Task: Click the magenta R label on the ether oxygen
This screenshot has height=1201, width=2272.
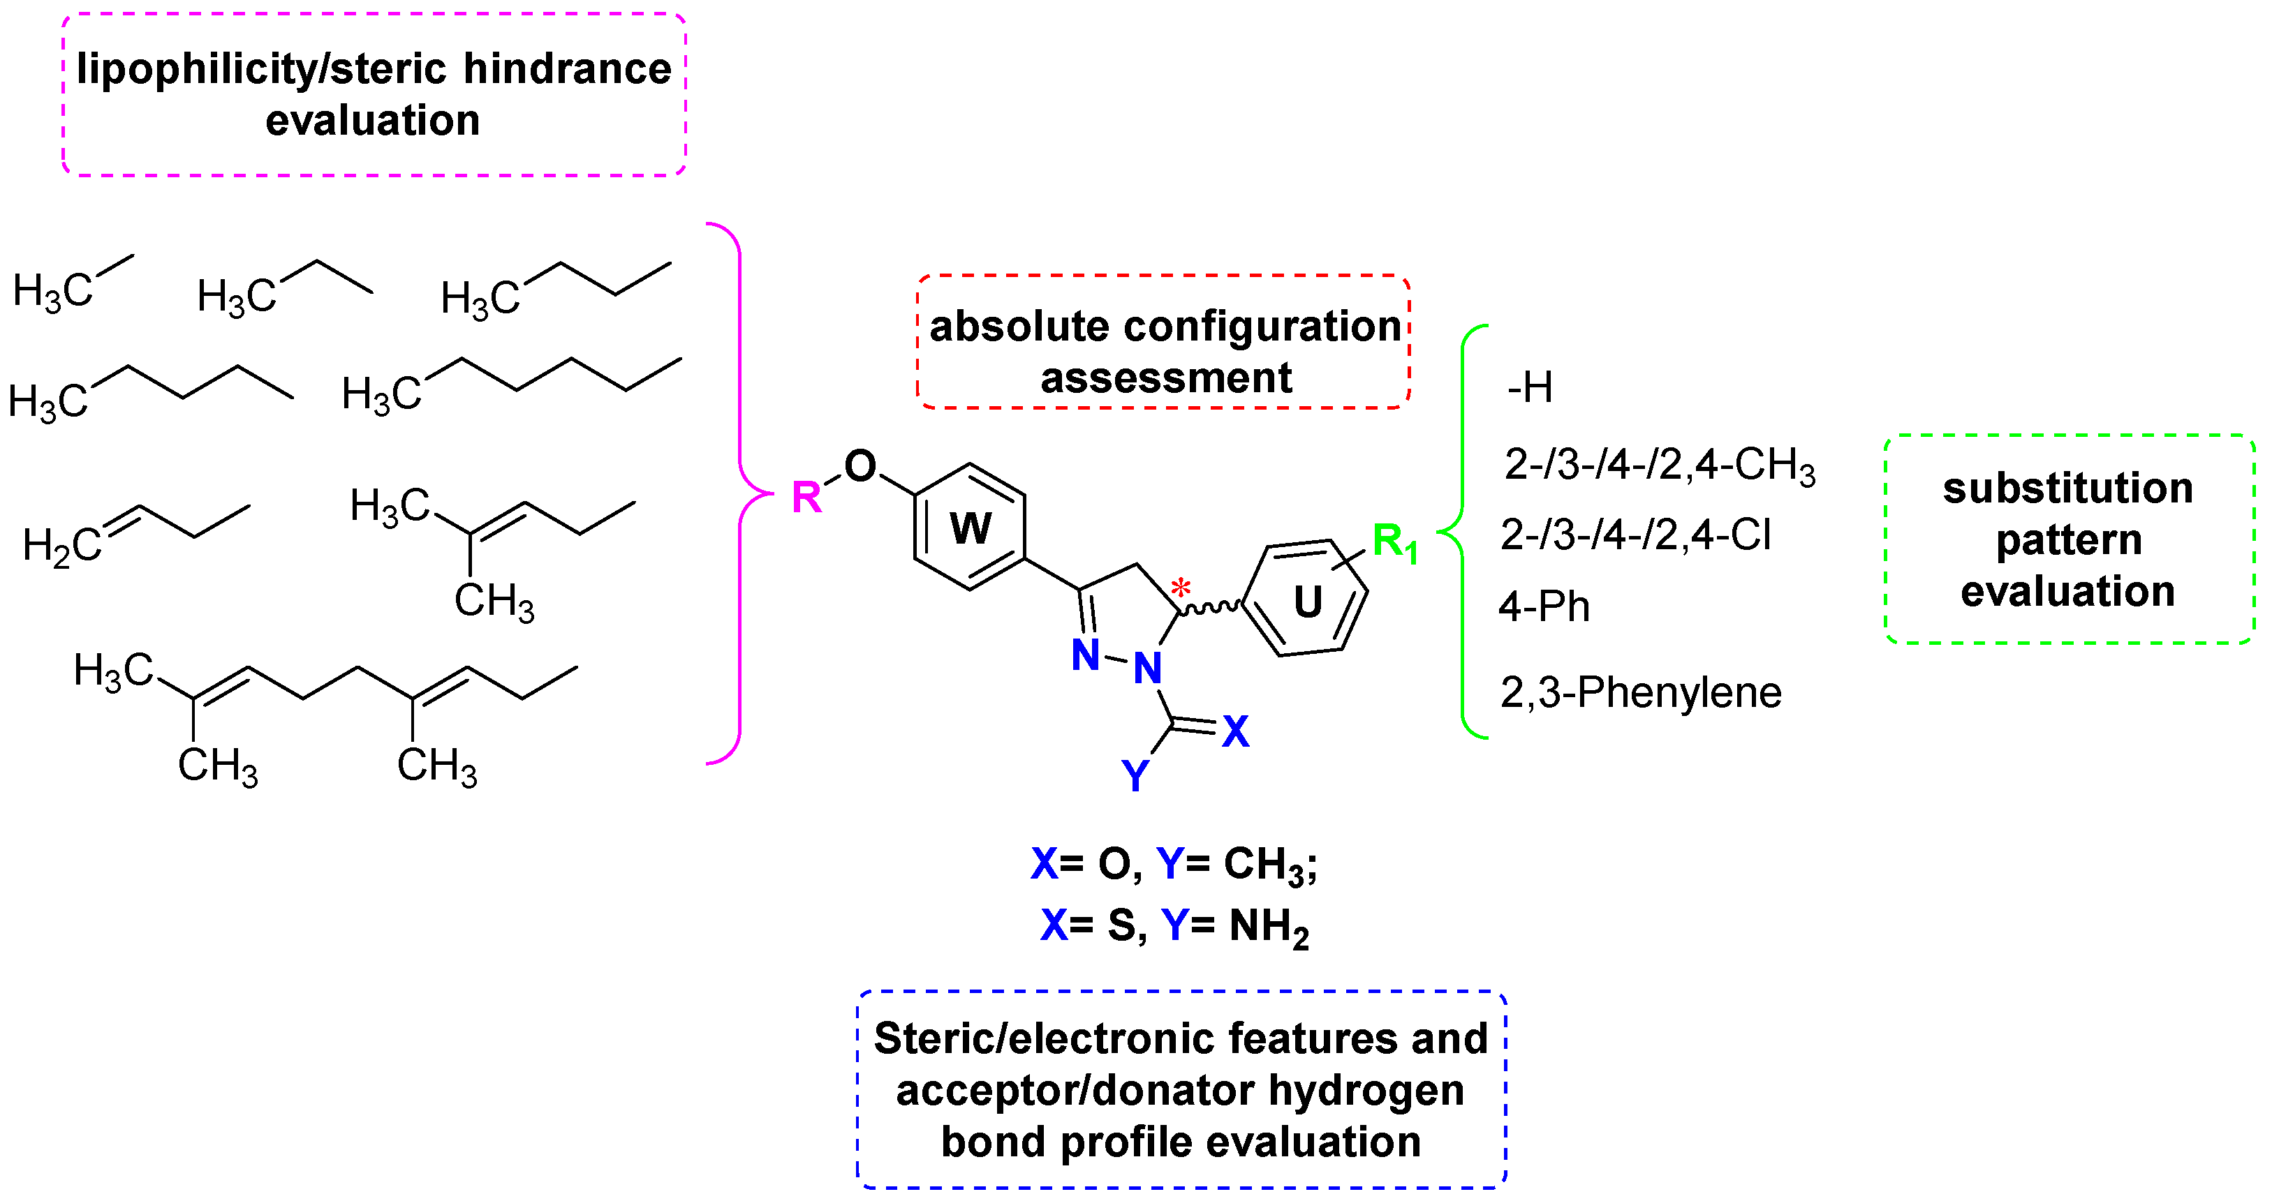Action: click(x=806, y=498)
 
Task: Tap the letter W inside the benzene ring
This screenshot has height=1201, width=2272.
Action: click(x=971, y=529)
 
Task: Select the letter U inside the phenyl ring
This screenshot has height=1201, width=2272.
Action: click(x=1307, y=602)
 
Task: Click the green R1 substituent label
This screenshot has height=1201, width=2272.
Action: click(x=1394, y=542)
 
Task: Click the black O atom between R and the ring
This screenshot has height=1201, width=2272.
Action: click(x=860, y=465)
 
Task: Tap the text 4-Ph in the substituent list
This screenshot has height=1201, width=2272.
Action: click(x=1544, y=606)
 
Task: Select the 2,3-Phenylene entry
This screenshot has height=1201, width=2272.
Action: click(x=1641, y=692)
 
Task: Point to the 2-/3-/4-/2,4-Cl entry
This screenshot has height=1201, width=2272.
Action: click(x=1636, y=535)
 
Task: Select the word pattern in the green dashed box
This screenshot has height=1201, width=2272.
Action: click(x=2068, y=539)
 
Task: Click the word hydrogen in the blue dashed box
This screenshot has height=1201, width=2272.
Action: click(x=1366, y=1091)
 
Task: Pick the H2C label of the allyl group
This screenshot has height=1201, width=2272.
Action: click(x=61, y=545)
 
